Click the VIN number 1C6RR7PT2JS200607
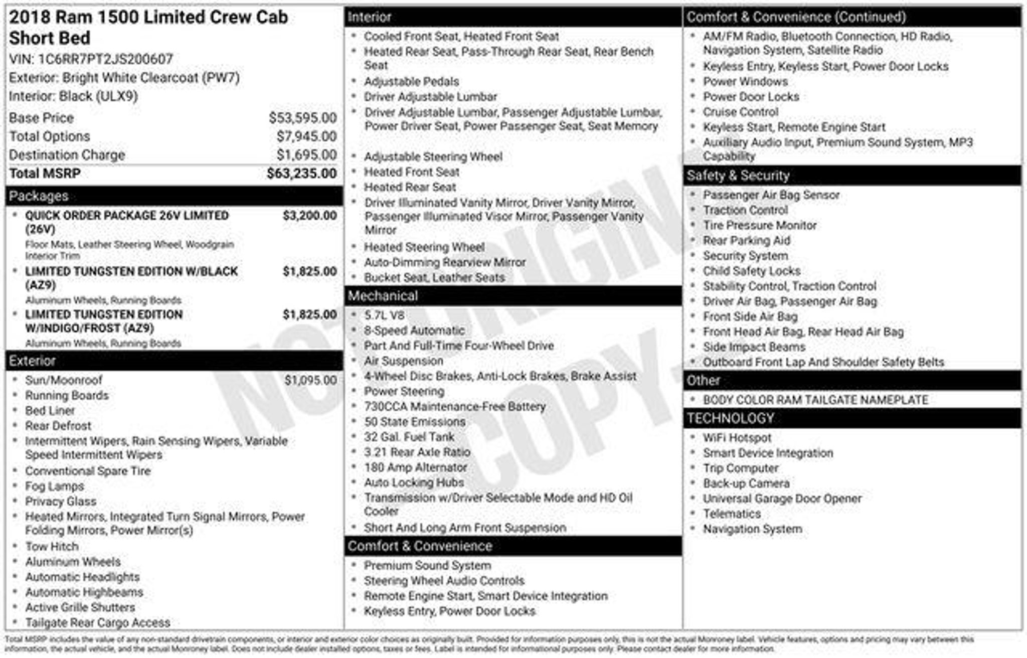[105, 59]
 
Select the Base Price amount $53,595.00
[302, 118]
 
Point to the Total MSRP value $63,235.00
[301, 174]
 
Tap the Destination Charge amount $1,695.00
[306, 155]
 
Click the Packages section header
[39, 196]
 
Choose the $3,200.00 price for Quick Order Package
[309, 216]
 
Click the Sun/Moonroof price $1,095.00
[310, 380]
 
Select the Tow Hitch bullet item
[52, 546]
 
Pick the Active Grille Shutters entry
[80, 607]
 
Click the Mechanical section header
[383, 296]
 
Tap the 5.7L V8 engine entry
[384, 315]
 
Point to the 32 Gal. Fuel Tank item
[409, 437]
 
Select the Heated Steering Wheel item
[424, 247]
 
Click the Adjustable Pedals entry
[411, 81]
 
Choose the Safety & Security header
[738, 176]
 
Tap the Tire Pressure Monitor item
[760, 225]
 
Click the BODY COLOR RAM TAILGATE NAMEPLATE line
[815, 400]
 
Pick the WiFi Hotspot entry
[737, 438]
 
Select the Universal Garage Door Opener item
[782, 499]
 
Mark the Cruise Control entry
[741, 112]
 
